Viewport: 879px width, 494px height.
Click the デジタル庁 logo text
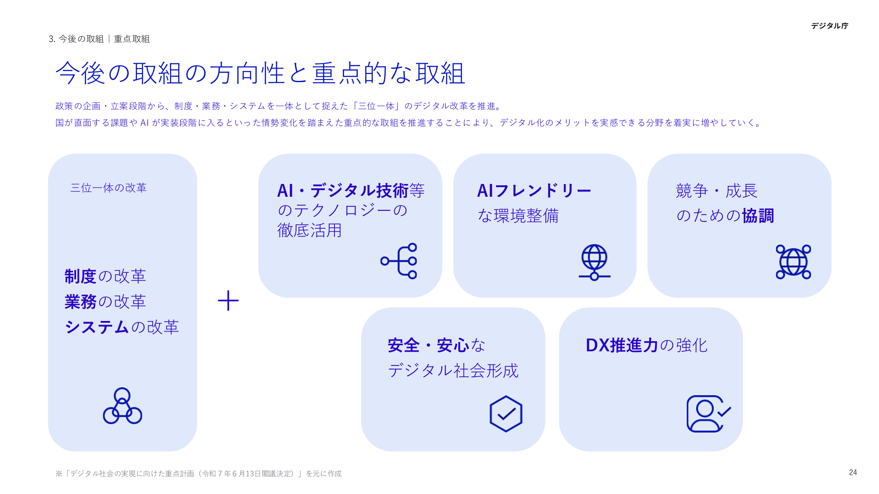829,26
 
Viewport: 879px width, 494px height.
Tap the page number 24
853,472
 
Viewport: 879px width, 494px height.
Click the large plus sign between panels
228,301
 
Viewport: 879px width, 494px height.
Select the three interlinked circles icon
122,406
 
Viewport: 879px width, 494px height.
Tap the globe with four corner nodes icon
793,262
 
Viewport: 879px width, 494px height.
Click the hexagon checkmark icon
506,414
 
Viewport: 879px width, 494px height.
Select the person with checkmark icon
708,414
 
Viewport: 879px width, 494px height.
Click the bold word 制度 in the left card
80,276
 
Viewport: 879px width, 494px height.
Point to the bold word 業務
80,302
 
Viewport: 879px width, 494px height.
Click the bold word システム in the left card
97,327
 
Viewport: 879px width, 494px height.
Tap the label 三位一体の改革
108,188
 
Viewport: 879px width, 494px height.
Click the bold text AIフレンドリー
534,191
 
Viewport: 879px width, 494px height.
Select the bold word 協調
758,216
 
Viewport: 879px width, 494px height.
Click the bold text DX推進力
621,345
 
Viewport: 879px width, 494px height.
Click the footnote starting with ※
198,473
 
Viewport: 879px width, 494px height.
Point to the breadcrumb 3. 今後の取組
76,39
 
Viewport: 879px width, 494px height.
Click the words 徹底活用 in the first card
309,230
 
